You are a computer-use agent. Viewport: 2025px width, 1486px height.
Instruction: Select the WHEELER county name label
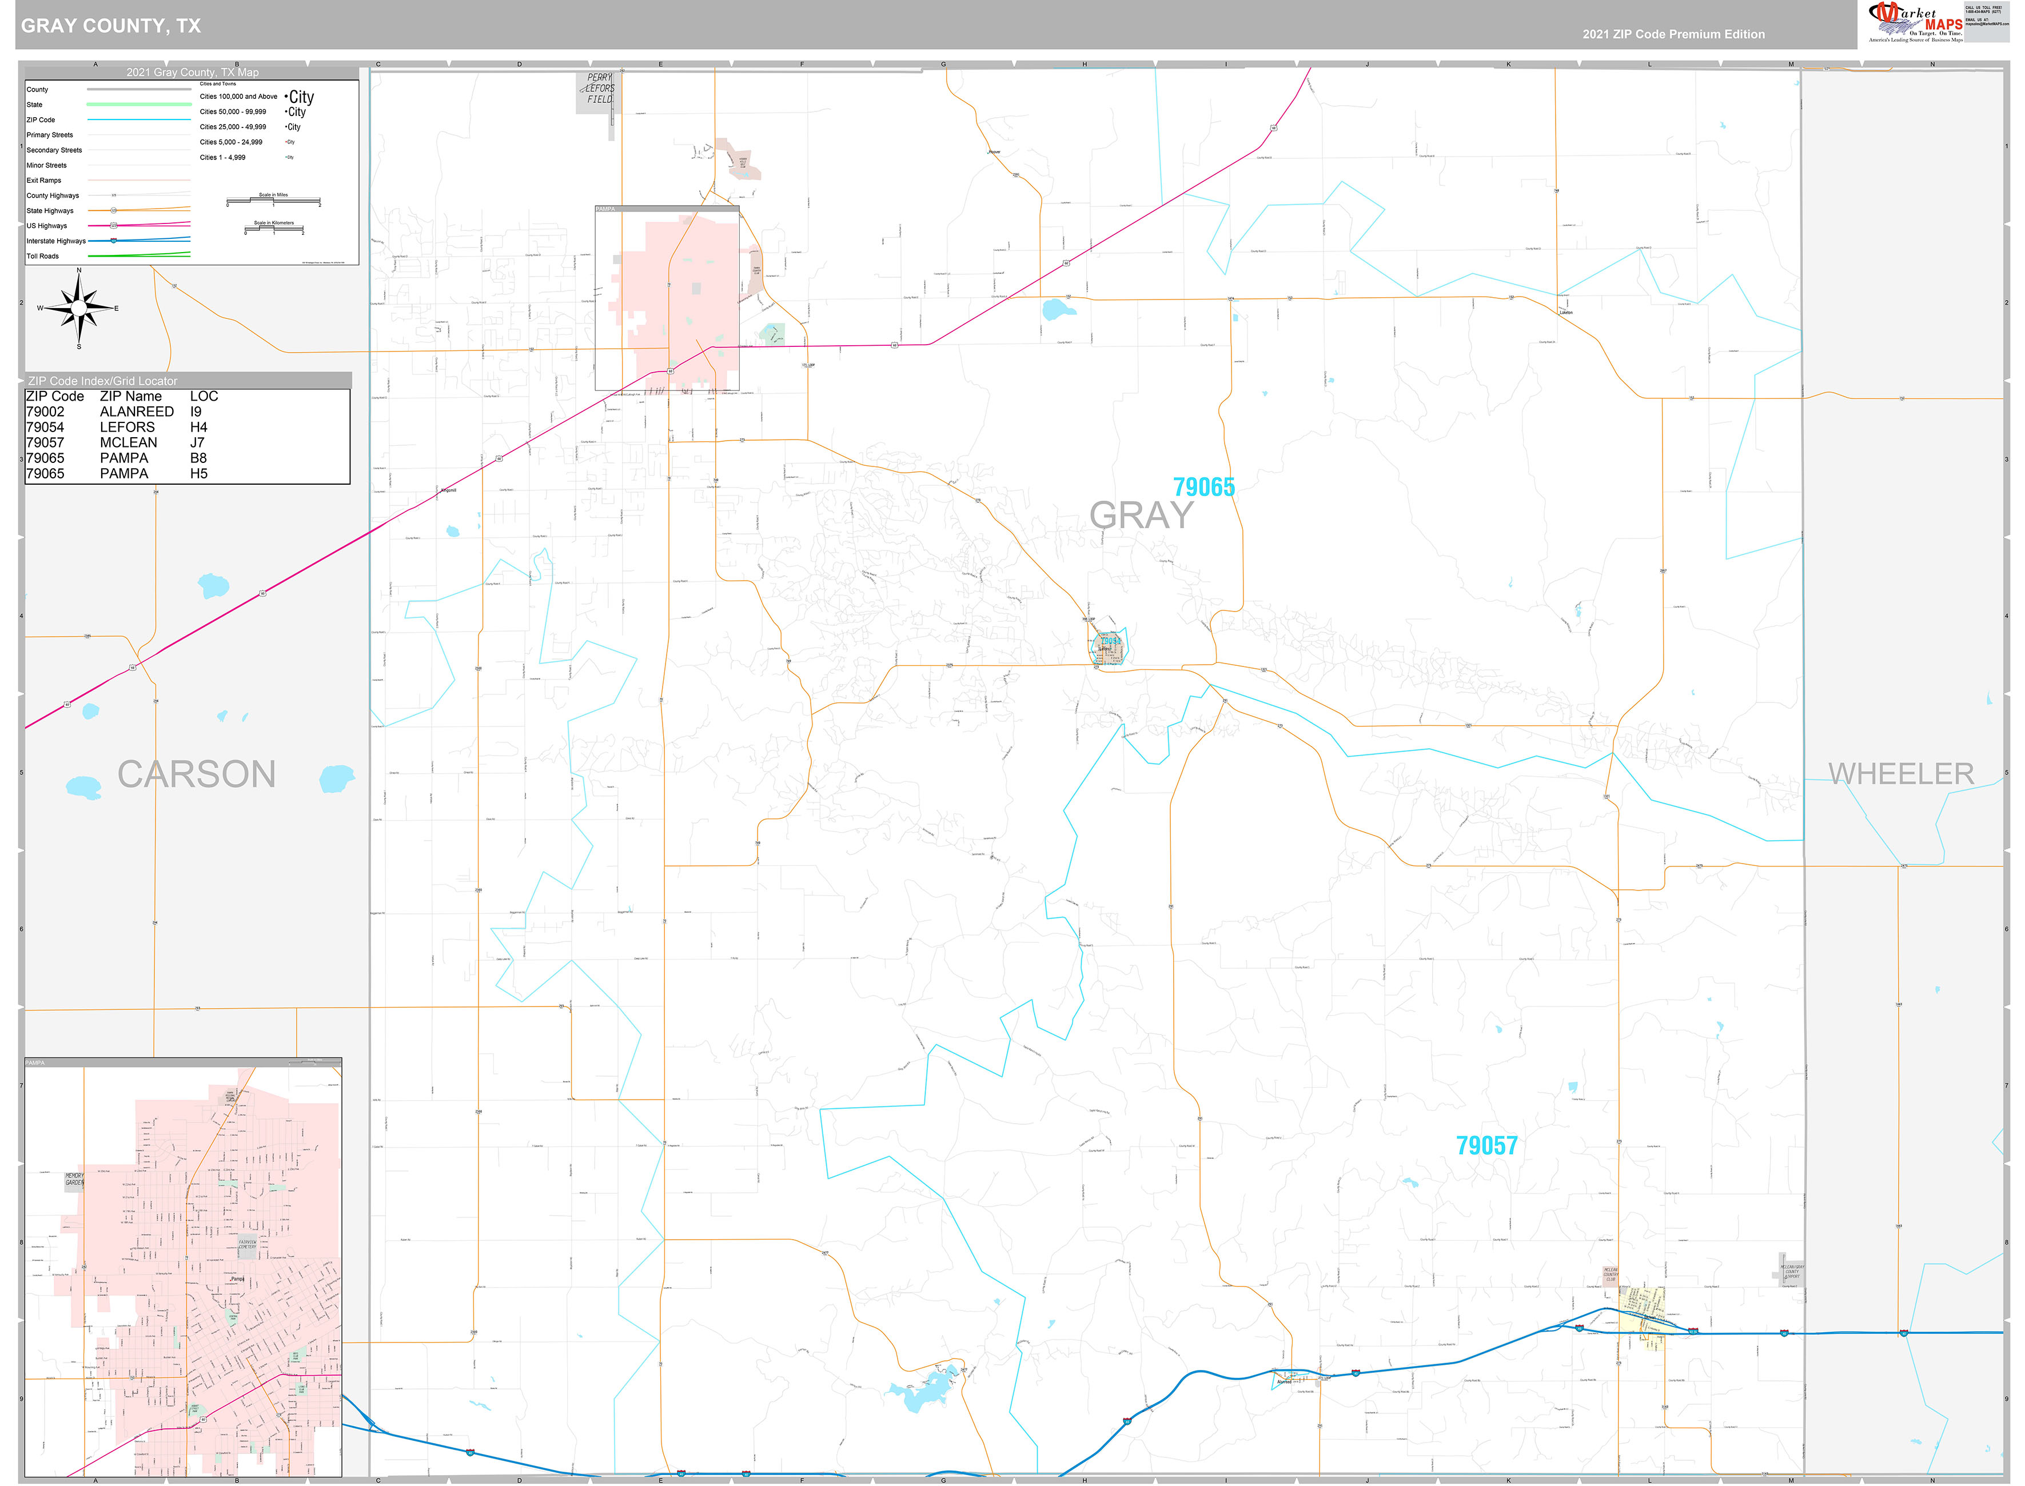tap(1901, 774)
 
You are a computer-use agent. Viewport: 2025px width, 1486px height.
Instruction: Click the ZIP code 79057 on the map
tap(1486, 1145)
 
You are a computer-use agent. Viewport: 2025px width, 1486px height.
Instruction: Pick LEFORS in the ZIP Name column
tap(127, 428)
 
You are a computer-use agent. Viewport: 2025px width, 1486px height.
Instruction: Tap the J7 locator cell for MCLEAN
tap(197, 442)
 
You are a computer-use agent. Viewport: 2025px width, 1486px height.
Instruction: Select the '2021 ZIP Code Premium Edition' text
tap(1673, 34)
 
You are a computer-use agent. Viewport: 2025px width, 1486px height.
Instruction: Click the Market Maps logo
tap(1914, 22)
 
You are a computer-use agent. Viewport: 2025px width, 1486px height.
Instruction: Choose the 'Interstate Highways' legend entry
tap(56, 241)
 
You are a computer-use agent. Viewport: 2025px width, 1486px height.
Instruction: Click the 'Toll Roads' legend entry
tap(42, 257)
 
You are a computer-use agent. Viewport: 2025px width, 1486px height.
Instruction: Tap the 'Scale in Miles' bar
tap(273, 199)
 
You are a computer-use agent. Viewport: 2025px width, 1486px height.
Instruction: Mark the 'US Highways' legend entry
tap(47, 226)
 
